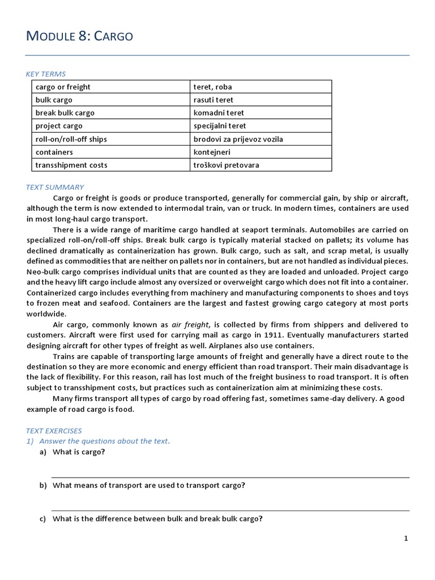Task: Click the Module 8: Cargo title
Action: [x=80, y=36]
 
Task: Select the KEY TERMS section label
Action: [x=46, y=74]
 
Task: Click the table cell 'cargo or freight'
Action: [x=63, y=87]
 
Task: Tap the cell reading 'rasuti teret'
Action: [x=213, y=100]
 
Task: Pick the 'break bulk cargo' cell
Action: [x=65, y=113]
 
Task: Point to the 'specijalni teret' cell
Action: [x=220, y=126]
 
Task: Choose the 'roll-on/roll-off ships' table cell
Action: [x=71, y=139]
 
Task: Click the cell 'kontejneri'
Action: [x=212, y=152]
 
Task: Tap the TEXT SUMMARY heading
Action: [x=55, y=187]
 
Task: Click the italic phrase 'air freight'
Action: [x=191, y=325]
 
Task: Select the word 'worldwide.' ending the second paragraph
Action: [x=46, y=314]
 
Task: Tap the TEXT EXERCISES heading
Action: [x=54, y=430]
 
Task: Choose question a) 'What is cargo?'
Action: [x=79, y=452]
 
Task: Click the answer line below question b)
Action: [x=231, y=510]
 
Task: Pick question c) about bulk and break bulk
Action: [x=157, y=519]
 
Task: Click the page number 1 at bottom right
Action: [x=406, y=538]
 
